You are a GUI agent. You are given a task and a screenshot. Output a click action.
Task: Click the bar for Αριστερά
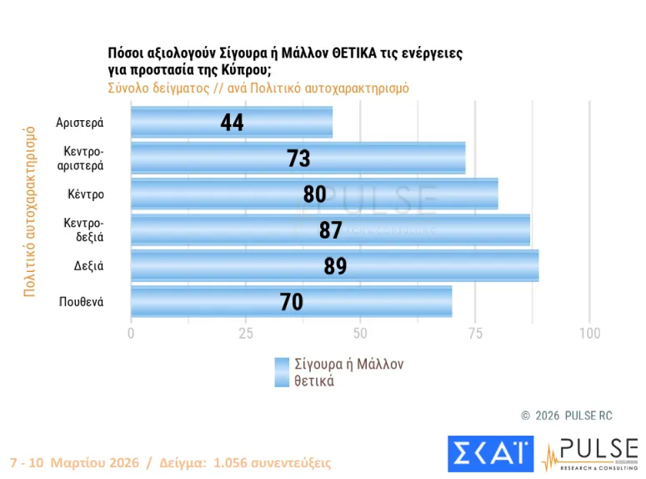pos(232,123)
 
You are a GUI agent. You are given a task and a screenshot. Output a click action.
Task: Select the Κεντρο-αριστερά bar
pos(298,158)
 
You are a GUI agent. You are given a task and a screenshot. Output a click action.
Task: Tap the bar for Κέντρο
pos(314,194)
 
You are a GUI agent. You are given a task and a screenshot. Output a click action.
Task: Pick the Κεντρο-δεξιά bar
pos(330,230)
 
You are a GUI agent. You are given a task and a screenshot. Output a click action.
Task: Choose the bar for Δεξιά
pos(334,265)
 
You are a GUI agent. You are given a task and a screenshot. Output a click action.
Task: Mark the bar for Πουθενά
pos(291,301)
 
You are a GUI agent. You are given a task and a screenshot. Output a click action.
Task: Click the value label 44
pos(232,123)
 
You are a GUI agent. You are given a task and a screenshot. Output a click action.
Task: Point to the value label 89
pos(334,266)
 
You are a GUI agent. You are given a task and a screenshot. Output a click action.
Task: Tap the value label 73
pos(298,159)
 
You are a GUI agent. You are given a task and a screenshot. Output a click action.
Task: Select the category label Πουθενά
pos(81,302)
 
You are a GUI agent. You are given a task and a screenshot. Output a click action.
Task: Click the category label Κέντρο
pos(86,194)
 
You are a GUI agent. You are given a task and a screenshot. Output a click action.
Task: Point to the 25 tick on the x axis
pos(245,334)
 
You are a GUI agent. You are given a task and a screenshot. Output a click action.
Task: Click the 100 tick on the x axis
pos(589,334)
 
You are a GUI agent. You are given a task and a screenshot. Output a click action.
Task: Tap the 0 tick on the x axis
pos(131,334)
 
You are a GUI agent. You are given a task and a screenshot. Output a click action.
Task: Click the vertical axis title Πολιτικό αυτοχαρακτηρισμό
pos(29,212)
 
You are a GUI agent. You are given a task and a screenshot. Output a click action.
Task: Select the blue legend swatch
pos(282,373)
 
